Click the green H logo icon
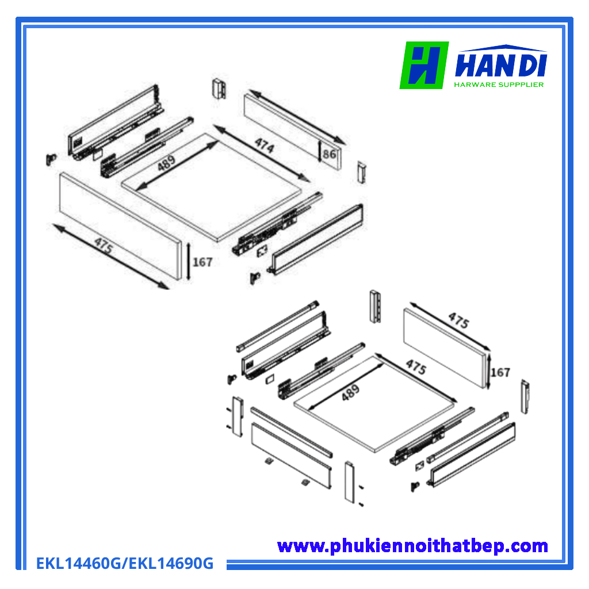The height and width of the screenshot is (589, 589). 424,65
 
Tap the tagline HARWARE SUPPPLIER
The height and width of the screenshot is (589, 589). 499,85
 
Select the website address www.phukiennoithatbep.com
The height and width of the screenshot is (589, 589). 412,546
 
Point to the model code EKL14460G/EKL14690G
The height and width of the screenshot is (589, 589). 125,563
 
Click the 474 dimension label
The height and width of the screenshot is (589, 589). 265,146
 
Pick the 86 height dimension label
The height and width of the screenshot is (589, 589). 330,154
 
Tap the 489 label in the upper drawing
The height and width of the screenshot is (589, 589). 166,163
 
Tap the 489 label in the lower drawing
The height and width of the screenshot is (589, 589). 350,392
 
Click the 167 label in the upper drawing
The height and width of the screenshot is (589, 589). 202,262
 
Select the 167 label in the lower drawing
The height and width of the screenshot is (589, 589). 500,372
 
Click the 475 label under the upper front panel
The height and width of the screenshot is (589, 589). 104,246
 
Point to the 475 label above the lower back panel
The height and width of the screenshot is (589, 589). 458,320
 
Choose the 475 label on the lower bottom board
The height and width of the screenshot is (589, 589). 416,366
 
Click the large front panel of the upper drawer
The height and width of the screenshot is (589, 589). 120,225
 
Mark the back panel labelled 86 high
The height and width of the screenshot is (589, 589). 293,132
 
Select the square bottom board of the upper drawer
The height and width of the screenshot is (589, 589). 212,188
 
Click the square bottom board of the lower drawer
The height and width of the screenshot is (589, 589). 374,403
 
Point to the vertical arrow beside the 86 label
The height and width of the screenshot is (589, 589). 320,151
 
